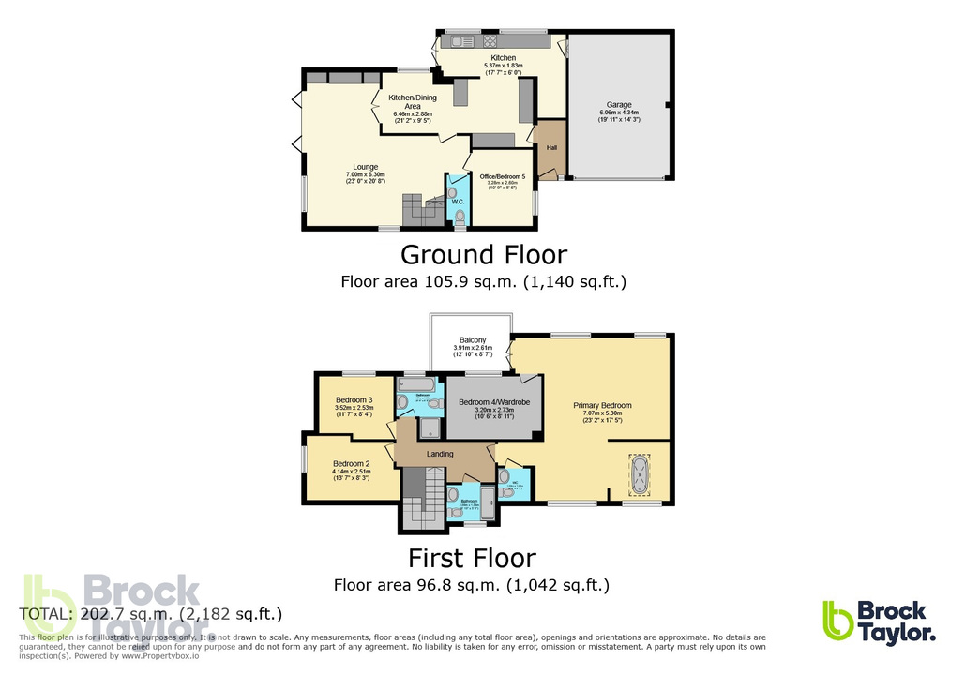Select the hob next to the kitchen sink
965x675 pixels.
pyautogui.click(x=489, y=41)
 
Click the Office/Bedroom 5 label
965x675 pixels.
pyautogui.click(x=502, y=178)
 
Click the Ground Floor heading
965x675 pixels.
pyautogui.click(x=483, y=254)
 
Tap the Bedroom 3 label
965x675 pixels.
pyautogui.click(x=354, y=399)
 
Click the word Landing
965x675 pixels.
pyautogui.click(x=440, y=454)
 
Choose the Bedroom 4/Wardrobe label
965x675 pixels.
pyautogui.click(x=494, y=401)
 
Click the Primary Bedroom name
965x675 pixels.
pyautogui.click(x=602, y=405)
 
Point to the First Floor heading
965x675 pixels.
pyautogui.click(x=472, y=559)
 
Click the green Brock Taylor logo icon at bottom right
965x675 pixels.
pyautogui.click(x=837, y=621)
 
